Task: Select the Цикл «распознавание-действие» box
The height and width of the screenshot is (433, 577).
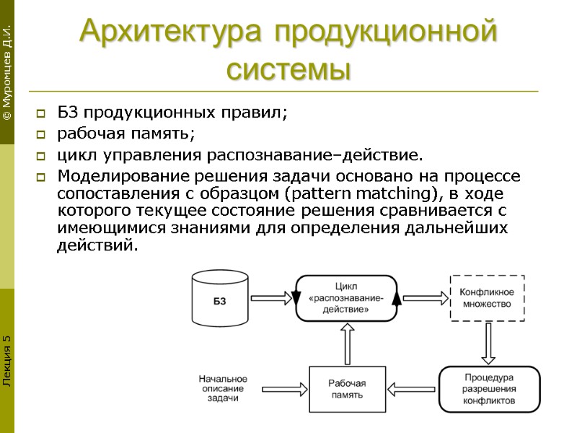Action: [x=347, y=297]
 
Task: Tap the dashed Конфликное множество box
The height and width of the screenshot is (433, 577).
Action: [x=487, y=297]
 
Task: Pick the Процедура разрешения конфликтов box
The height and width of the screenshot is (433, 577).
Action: [x=488, y=389]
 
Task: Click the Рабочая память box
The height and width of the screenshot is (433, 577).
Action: [x=347, y=389]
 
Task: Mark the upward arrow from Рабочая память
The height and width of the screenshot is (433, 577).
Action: [x=348, y=343]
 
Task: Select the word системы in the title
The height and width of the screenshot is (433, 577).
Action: [x=288, y=70]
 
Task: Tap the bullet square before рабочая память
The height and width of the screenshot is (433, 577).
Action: [x=41, y=134]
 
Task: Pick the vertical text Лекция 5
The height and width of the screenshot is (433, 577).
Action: [x=6, y=361]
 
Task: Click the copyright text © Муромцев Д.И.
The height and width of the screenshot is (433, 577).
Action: [x=6, y=72]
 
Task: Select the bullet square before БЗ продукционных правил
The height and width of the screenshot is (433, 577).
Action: [x=41, y=113]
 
